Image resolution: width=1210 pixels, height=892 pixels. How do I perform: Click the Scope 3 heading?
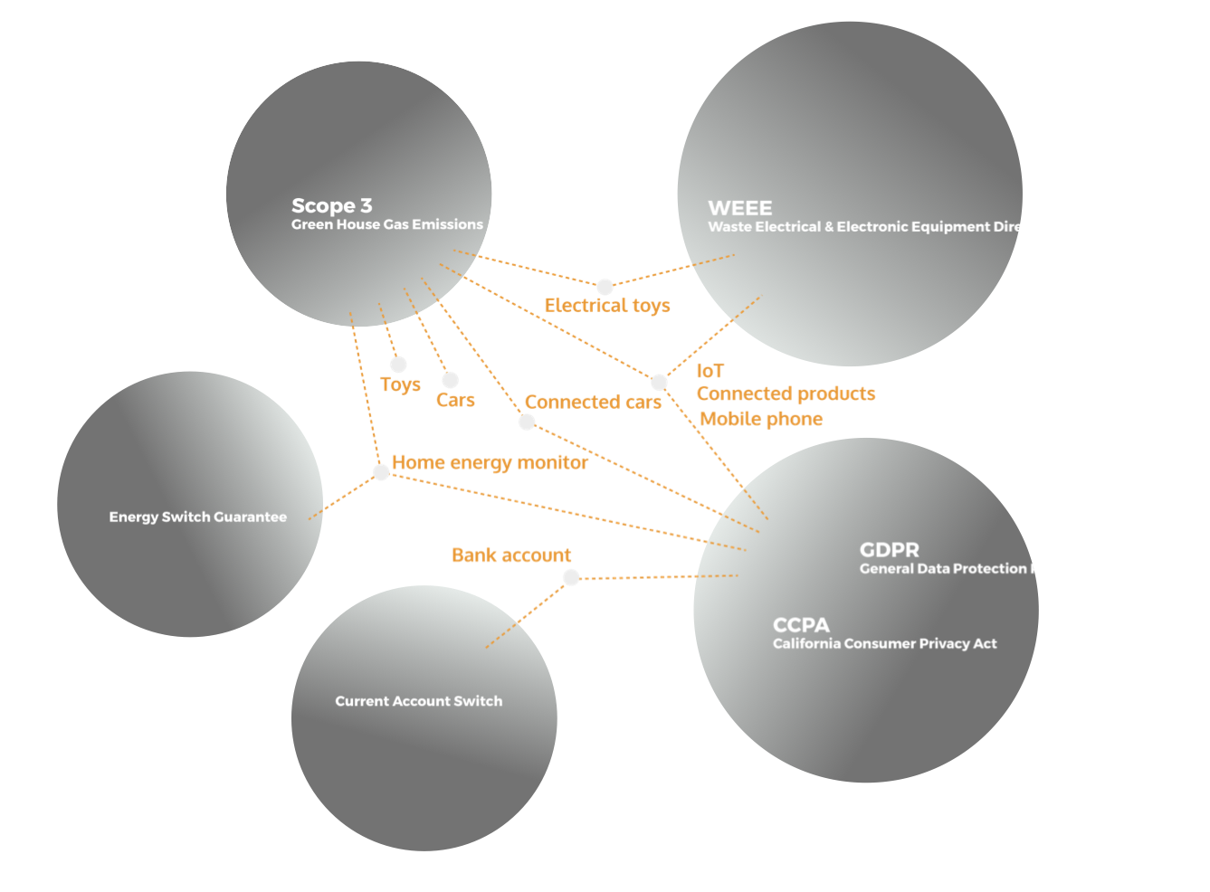(x=331, y=205)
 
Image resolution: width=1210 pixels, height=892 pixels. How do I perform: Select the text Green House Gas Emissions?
(x=386, y=224)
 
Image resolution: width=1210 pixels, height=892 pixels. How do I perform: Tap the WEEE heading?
(x=739, y=208)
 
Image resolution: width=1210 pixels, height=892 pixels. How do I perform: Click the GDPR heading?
(x=889, y=550)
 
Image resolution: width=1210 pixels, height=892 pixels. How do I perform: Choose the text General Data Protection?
(x=942, y=569)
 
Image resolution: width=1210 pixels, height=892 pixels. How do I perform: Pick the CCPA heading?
(x=801, y=625)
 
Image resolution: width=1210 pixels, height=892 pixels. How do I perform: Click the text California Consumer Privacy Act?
(x=884, y=644)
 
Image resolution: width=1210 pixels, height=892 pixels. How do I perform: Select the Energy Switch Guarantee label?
(x=197, y=517)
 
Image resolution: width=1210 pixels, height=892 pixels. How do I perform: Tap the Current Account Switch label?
(x=418, y=701)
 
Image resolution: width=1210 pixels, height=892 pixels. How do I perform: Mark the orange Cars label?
(x=455, y=399)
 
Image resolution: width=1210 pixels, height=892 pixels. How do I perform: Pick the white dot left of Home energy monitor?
(x=381, y=470)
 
